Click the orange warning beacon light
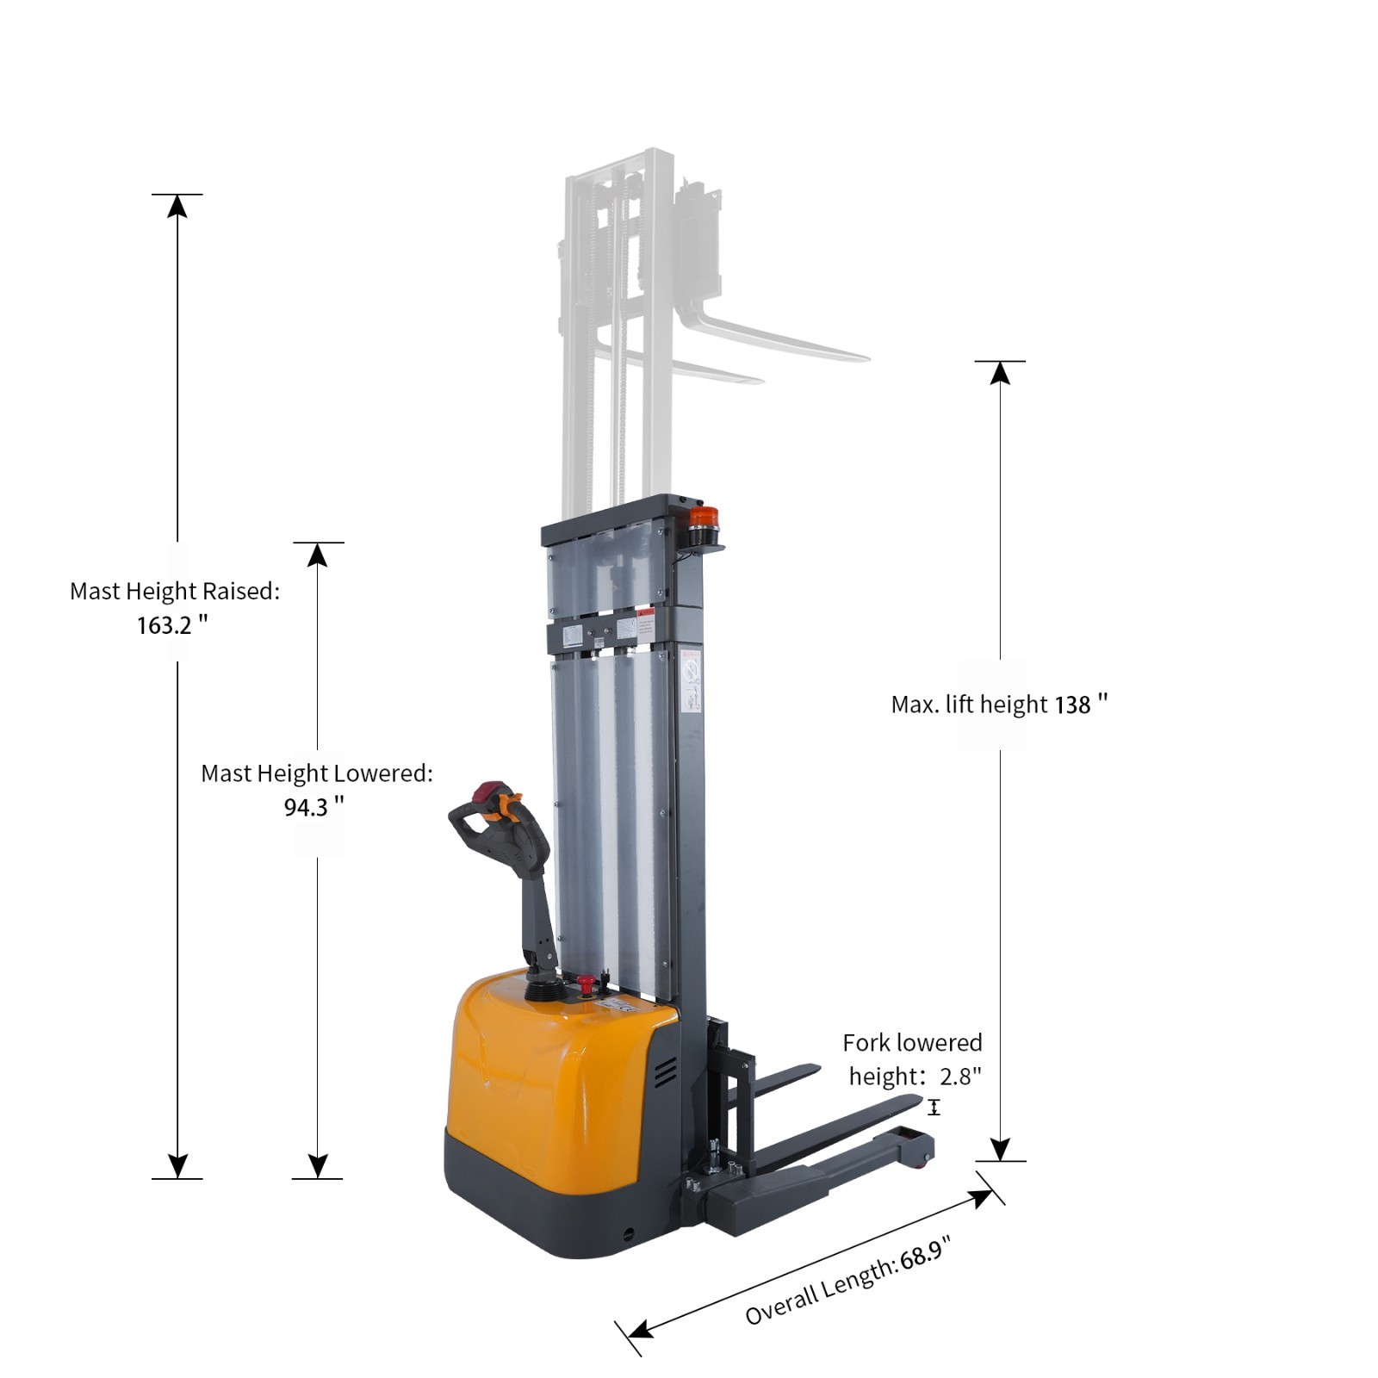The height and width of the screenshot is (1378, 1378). pos(703,519)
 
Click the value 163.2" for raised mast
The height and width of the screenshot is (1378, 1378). pos(171,624)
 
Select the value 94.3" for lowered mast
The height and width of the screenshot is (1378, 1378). pos(313,807)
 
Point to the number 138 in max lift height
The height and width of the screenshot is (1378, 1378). pos(1072,705)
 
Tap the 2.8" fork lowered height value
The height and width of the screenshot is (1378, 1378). pos(960,1077)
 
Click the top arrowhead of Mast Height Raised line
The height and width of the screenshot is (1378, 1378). pos(177,206)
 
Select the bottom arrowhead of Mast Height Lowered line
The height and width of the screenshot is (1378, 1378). pos(317,1166)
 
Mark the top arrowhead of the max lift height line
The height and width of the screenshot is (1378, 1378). pos(1000,372)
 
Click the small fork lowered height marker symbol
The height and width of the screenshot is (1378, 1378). pos(934,1108)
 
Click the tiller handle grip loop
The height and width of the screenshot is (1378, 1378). pos(482,827)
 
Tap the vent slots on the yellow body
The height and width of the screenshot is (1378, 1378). pos(664,1073)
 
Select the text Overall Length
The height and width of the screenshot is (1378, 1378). pos(818,1295)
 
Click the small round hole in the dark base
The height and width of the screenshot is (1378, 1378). pos(628,1233)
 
